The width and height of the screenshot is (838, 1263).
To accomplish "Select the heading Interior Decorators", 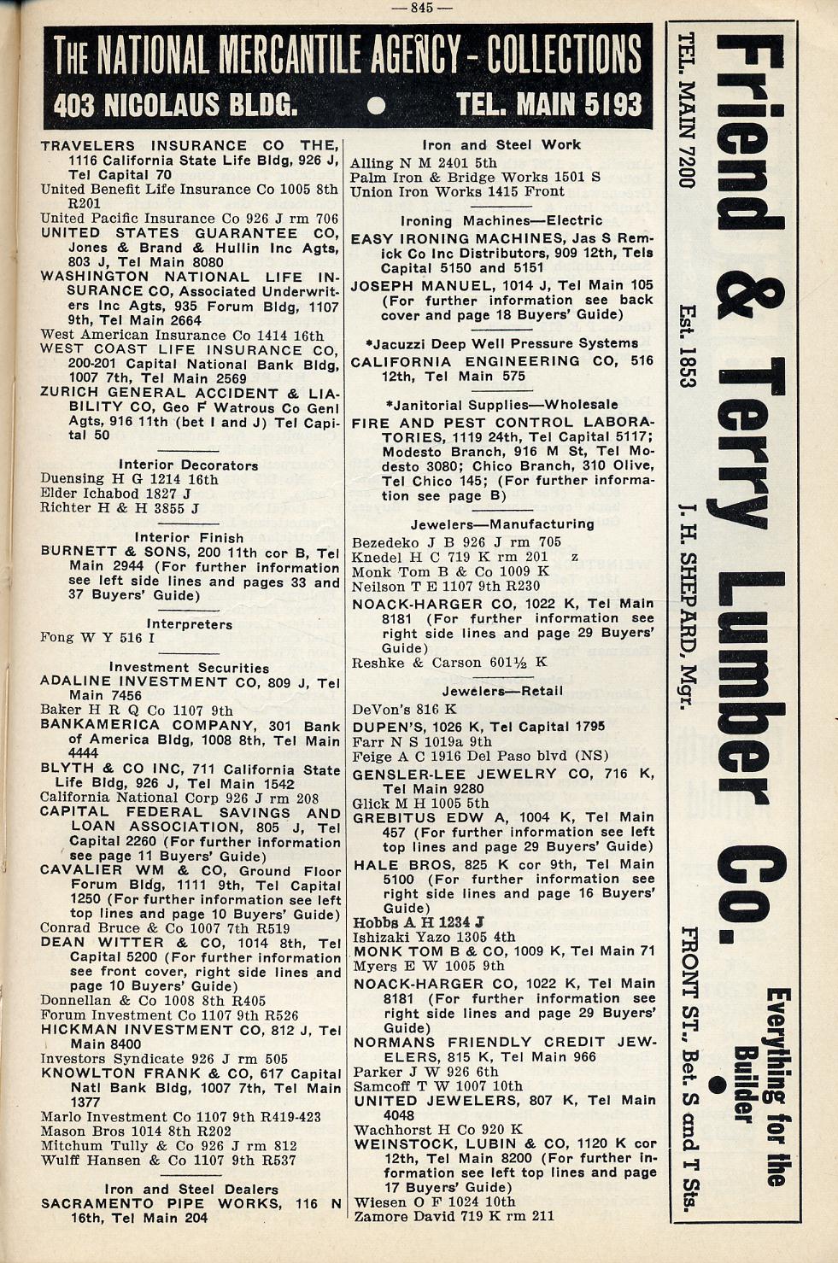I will click(x=188, y=465).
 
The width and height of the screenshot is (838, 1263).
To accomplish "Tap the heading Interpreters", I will click(x=189, y=624).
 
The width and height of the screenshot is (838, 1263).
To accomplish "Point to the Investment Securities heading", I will click(x=189, y=668).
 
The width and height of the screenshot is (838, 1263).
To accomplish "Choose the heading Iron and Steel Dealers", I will click(x=190, y=1189).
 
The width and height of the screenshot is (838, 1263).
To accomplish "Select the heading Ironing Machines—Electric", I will click(x=501, y=220).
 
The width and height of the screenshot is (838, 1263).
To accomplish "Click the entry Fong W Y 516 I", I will click(x=97, y=638).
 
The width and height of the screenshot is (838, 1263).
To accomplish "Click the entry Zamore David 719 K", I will click(x=454, y=1216).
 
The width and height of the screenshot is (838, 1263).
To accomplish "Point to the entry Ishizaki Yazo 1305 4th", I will click(x=434, y=937).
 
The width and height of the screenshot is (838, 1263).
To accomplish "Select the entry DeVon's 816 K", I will click(x=404, y=710).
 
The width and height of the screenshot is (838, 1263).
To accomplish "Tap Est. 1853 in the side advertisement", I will click(x=688, y=345).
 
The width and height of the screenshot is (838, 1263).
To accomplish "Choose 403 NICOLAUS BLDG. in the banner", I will click(x=175, y=105).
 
